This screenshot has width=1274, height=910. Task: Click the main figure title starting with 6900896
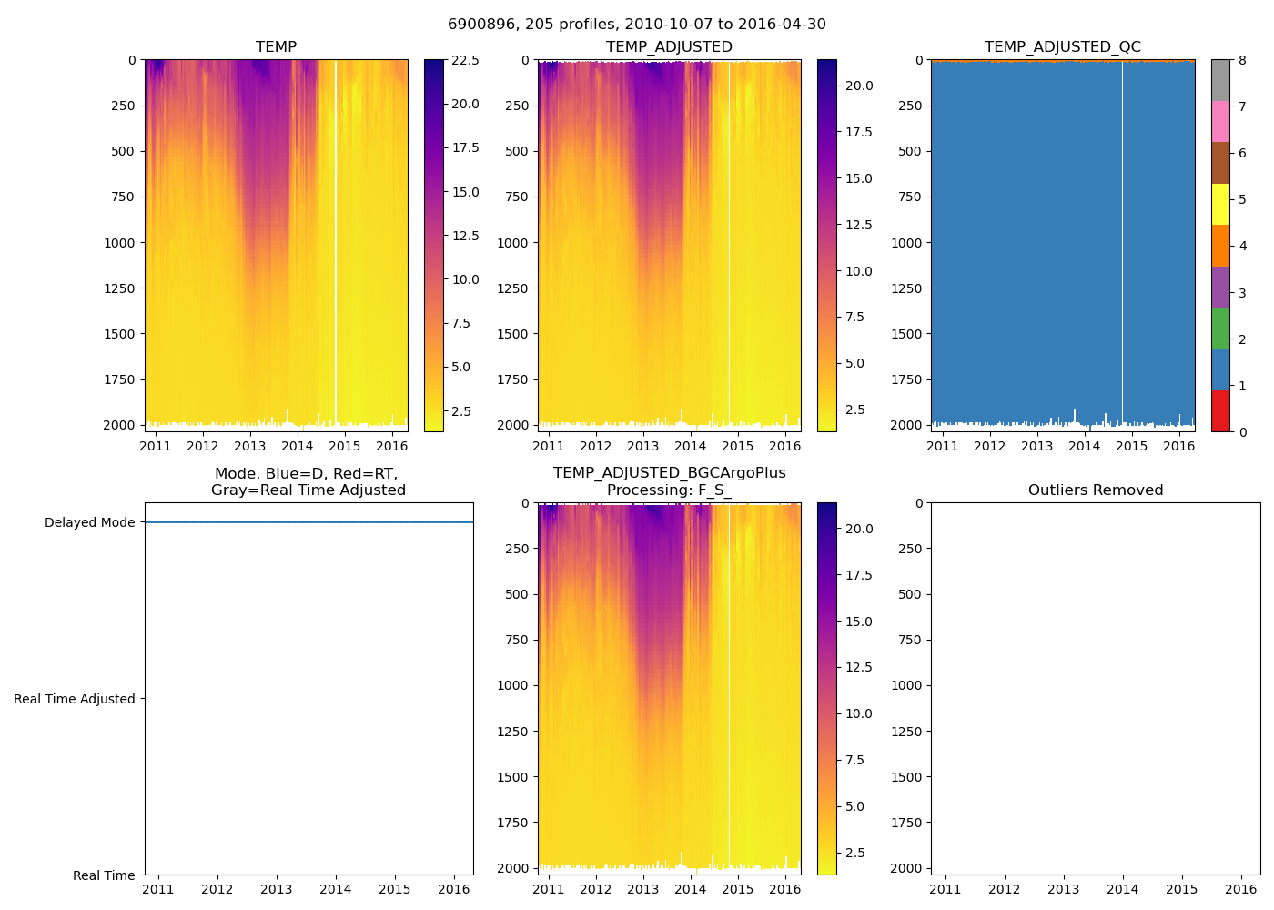(x=637, y=25)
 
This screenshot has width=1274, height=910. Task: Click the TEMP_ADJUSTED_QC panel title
(x=1062, y=47)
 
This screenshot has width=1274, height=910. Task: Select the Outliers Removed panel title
(x=1096, y=490)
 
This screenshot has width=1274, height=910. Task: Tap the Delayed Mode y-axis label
(x=89, y=523)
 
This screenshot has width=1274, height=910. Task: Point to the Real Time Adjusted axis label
(x=74, y=700)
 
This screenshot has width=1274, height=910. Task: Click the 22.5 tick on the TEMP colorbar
(x=466, y=60)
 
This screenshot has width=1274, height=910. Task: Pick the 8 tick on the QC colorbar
(x=1242, y=60)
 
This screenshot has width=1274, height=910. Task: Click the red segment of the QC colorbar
(x=1220, y=411)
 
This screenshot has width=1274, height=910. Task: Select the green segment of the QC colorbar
(x=1220, y=329)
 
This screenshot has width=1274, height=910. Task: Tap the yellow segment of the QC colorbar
(x=1220, y=205)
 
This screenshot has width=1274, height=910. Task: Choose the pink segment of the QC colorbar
(x=1220, y=122)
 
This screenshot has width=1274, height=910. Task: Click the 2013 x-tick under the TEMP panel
(x=250, y=446)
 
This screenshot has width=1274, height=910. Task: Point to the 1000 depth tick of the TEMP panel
(x=120, y=243)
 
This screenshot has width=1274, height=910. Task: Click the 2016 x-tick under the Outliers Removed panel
(x=1241, y=889)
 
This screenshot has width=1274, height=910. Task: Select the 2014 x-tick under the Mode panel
(x=335, y=889)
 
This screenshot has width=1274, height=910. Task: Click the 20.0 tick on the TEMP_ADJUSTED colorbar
(x=860, y=86)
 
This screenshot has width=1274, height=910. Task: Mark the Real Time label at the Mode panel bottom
(x=104, y=876)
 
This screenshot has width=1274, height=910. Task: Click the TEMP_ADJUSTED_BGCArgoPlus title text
(x=669, y=473)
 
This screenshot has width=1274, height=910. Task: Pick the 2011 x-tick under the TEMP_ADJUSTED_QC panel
(x=942, y=446)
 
